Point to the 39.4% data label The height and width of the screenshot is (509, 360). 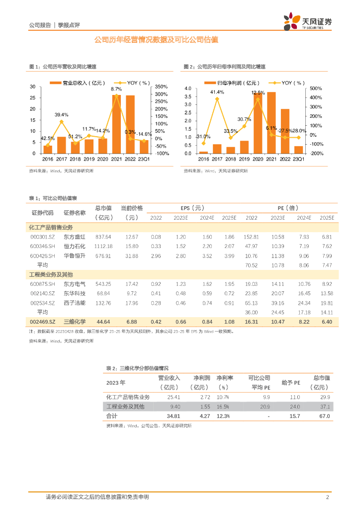pos(62,115)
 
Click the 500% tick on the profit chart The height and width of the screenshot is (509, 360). pos(316,88)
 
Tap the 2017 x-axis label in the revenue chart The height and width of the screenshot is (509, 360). pos(62,159)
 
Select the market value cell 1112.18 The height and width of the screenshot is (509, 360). pos(103,246)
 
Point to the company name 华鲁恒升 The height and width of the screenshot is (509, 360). pos(75,255)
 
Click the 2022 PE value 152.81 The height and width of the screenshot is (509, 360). pos(252,237)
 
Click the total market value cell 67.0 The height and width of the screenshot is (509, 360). pos(324,416)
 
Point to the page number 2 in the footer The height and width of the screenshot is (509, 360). pos(327,497)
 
